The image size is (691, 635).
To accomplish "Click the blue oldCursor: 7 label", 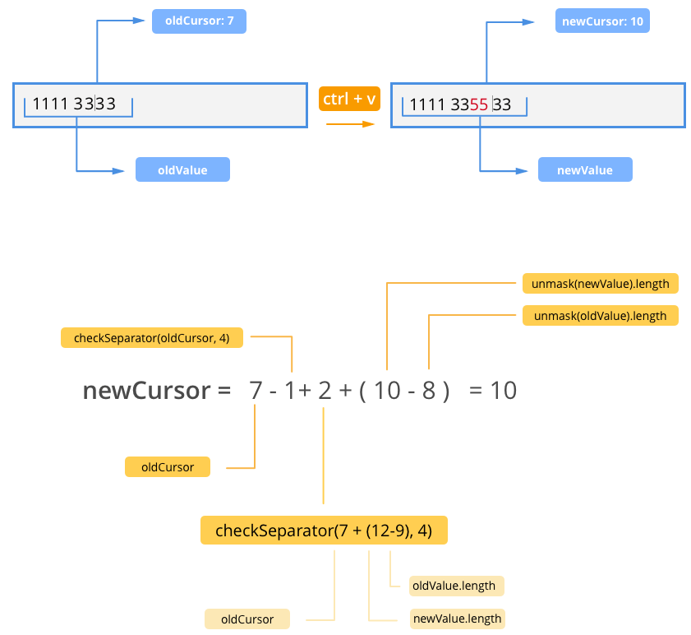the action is pos(199,21).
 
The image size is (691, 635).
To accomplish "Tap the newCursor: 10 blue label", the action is pos(602,21).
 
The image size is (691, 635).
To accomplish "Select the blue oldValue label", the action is pos(182,169).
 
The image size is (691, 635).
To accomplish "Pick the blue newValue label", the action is pos(585,169).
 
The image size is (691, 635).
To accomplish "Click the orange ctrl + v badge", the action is pos(349,99).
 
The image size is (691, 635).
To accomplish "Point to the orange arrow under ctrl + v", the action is pos(350,124).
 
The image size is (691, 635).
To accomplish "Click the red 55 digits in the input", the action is pos(478,104).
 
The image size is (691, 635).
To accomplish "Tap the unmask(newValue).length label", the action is pos(601,283).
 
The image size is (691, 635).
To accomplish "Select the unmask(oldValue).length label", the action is pos(601,316).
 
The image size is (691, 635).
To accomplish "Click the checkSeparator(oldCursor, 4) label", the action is pos(152,337).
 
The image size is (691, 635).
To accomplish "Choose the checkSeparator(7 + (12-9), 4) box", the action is pos(324,530).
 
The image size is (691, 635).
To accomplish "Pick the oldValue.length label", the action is pos(457,586).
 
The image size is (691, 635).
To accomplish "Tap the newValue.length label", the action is pos(458,619).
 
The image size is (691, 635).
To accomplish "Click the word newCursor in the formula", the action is pos(147,391).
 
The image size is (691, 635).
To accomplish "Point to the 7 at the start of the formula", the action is pos(256,391).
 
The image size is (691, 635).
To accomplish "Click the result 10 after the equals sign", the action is pos(504,391).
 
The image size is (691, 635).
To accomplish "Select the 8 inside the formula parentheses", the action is pos(429,391).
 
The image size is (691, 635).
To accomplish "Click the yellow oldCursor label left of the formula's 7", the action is pos(168,467).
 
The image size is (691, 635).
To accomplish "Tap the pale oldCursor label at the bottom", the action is pos(247,619).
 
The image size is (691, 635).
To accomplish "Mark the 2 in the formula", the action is pos(325,391).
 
